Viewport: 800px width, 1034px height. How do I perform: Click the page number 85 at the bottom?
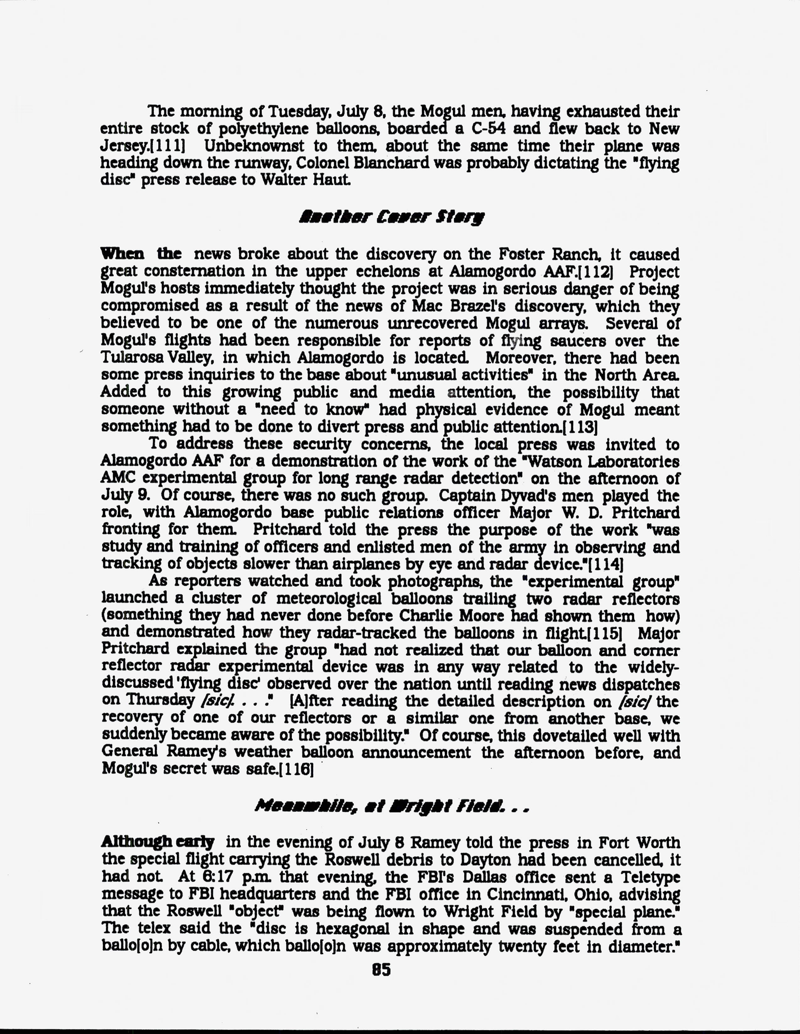[x=381, y=970]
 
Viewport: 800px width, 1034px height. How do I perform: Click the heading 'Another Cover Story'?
[x=392, y=217]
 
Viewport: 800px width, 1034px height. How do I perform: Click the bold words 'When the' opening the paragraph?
[x=141, y=254]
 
